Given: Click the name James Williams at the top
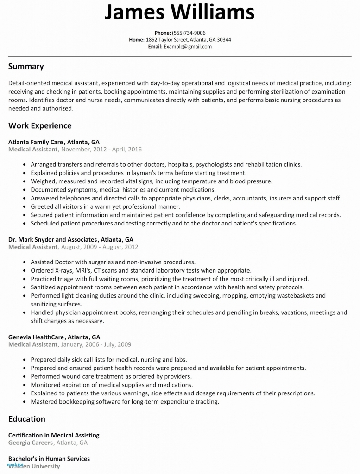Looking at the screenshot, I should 179,12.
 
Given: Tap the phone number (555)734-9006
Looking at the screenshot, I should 189,33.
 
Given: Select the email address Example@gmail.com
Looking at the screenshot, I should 187,46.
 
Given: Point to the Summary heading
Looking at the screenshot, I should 26,66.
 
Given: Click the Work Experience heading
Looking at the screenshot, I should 40,125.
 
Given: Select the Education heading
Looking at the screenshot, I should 27,419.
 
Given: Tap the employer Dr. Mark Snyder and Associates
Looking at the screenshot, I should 53,240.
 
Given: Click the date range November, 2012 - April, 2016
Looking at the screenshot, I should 101,150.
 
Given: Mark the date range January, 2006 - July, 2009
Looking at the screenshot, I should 96,344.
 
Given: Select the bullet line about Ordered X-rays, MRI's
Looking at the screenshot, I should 141,270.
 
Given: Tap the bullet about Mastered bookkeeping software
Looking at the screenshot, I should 125,402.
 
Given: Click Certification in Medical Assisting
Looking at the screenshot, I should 54,435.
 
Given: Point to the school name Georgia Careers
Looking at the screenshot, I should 30,443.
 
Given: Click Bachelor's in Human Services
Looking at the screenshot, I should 49,459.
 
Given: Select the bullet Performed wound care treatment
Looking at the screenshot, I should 111,377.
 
